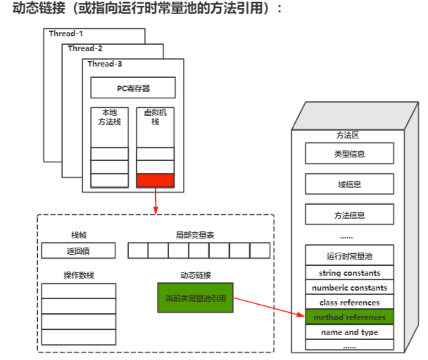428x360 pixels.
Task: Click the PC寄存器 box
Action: pos(133,88)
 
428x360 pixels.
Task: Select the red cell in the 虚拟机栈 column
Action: pos(155,180)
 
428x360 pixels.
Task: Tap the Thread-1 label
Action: pos(66,34)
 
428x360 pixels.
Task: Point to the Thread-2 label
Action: pos(85,49)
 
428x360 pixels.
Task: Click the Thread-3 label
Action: pos(105,64)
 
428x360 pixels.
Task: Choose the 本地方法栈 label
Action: pos(109,117)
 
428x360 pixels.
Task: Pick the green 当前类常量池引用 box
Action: pos(195,298)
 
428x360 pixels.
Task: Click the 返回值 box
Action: pos(78,251)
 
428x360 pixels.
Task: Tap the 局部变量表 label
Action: pos(195,235)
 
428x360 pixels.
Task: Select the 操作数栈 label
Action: pos(78,275)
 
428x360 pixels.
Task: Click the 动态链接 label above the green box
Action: pos(195,275)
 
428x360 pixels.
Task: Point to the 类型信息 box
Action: pos(349,154)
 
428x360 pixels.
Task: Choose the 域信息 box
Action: pos(349,184)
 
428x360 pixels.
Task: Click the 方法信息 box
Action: pos(349,215)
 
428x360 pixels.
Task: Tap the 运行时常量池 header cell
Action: pos(349,256)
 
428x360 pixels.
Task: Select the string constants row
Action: pos(349,273)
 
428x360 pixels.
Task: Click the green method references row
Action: pos(349,317)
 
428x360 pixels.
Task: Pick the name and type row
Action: pos(349,332)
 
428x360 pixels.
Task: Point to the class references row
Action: pos(349,303)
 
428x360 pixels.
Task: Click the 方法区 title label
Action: pos(347,135)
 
